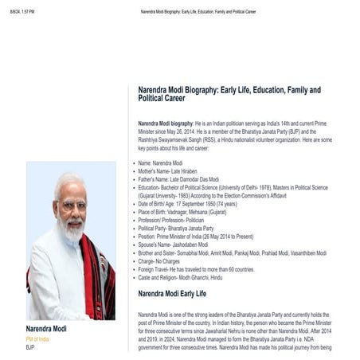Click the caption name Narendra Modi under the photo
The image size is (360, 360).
point(46,328)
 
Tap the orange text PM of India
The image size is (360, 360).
point(37,338)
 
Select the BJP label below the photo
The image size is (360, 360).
point(30,347)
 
